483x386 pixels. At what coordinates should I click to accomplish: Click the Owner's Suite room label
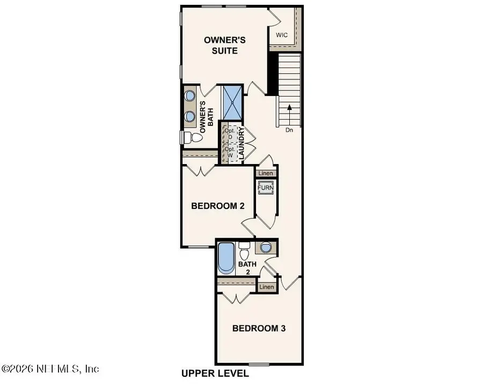tap(220, 45)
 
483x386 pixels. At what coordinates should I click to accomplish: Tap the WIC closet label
tap(282, 35)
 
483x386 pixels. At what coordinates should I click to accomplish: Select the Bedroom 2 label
tap(214, 206)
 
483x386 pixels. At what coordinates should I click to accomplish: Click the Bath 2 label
tap(247, 268)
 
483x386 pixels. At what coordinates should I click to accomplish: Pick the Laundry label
tap(242, 144)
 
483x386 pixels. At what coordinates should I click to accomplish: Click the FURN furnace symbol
tap(266, 189)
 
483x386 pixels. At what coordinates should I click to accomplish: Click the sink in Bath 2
tap(265, 248)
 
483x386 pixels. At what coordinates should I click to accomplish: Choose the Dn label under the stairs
tap(289, 129)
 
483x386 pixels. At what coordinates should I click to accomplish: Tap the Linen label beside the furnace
tap(266, 173)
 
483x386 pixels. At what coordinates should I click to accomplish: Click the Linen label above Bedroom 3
tap(267, 287)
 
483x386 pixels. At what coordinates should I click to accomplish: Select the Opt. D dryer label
tap(230, 134)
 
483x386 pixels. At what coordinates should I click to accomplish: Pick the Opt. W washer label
tap(230, 152)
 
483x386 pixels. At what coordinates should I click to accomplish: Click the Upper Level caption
tap(215, 373)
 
